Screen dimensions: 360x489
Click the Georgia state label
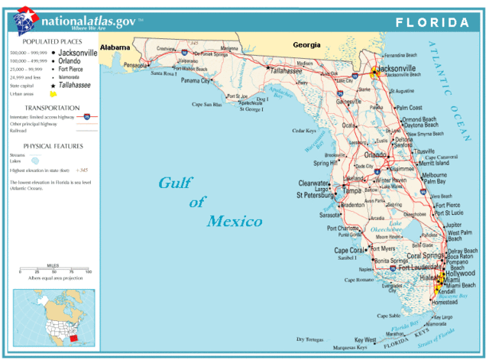[x=307, y=45]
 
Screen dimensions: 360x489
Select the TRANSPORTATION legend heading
[x=52, y=108]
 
